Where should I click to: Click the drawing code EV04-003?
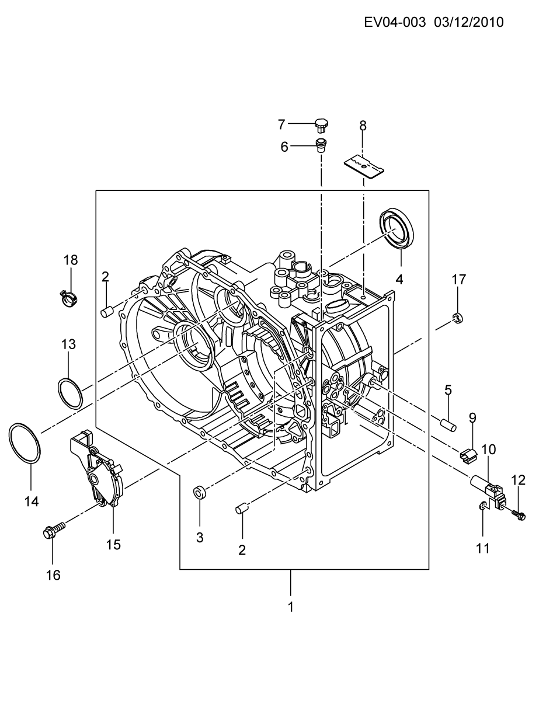coord(395,23)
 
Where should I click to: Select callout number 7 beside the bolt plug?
coord(281,125)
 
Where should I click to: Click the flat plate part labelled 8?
coord(364,165)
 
